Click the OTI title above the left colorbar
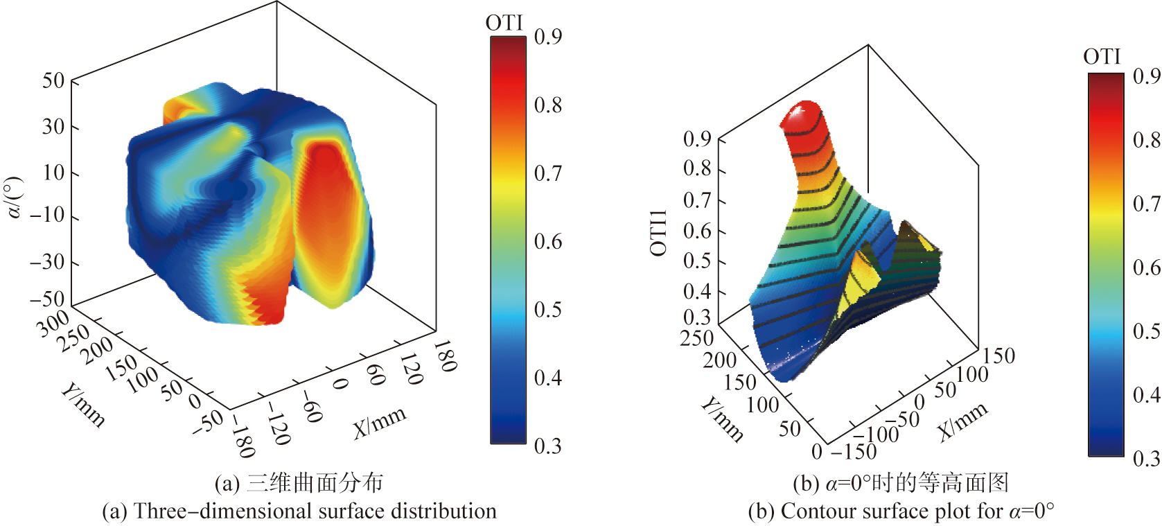(504, 23)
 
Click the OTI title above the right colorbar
(1102, 57)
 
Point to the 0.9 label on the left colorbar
(547, 37)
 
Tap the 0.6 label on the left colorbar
(547, 242)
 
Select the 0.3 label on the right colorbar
(1146, 458)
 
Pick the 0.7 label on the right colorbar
(1146, 204)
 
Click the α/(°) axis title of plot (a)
(14, 198)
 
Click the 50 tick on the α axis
(53, 80)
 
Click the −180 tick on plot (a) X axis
(241, 436)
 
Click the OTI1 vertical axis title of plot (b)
(658, 233)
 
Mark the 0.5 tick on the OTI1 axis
(696, 261)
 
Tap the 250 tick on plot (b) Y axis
(697, 338)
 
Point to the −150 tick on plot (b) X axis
(854, 451)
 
